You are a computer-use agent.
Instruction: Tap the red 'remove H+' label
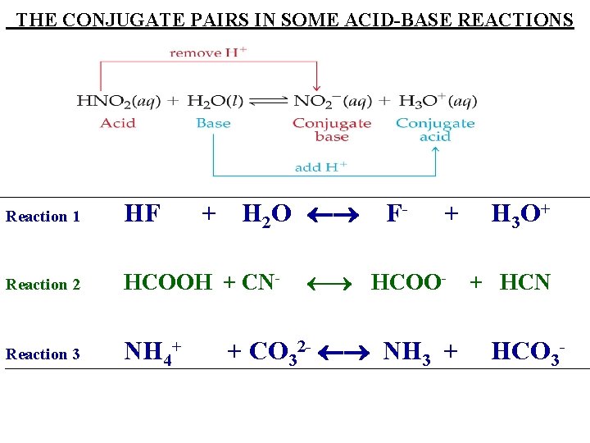click(208, 53)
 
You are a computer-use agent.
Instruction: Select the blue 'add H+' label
click(320, 167)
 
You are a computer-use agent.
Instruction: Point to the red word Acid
click(118, 123)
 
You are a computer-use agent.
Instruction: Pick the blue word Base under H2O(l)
click(213, 123)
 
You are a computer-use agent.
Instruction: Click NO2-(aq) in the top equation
click(331, 102)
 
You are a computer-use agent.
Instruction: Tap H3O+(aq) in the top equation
click(437, 102)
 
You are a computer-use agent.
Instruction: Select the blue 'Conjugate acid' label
click(435, 130)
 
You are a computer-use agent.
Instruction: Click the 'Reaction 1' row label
click(43, 217)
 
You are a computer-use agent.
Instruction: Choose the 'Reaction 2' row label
click(43, 285)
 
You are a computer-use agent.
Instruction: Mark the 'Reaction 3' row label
click(43, 354)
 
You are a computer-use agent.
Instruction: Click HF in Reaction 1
click(142, 215)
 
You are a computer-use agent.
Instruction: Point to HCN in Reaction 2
click(524, 283)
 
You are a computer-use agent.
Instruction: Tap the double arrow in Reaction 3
click(344, 354)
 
